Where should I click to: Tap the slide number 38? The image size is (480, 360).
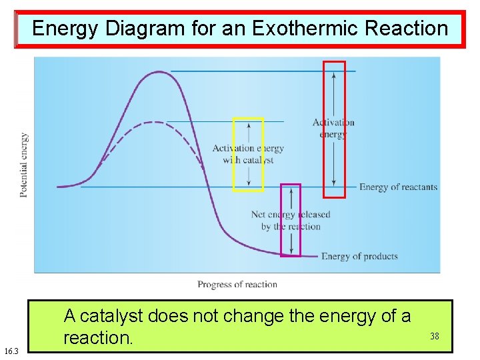[434, 337]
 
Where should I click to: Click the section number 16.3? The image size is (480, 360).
[11, 351]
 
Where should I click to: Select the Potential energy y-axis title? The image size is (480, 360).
[24, 165]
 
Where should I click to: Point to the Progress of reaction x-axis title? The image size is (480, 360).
[237, 285]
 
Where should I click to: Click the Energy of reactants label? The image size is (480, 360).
[398, 187]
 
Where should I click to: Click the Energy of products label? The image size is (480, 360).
[359, 257]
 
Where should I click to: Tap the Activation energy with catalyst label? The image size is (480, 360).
[248, 154]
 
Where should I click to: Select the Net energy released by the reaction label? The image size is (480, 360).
[290, 221]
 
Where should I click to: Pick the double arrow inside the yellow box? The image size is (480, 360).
[248, 154]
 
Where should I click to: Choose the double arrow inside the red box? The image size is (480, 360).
[334, 129]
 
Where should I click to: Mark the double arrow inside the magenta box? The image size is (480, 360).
[290, 220]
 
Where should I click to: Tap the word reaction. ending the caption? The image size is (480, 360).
[98, 338]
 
